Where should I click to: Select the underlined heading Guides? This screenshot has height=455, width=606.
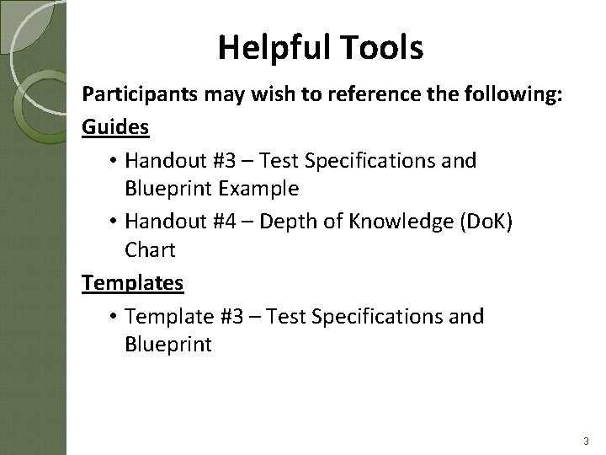click(116, 127)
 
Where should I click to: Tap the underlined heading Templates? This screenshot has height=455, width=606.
click(132, 283)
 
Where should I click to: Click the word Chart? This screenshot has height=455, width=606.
click(150, 250)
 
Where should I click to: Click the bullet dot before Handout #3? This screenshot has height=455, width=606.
click(113, 160)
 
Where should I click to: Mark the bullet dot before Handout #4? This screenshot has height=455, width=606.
click(113, 221)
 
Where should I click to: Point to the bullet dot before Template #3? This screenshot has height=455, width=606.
click(113, 317)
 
